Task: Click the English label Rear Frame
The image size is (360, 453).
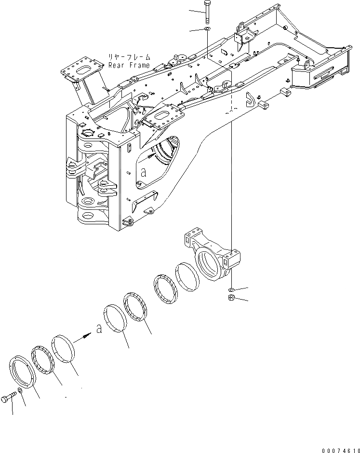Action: (x=129, y=65)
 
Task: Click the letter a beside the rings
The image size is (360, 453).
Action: (x=98, y=329)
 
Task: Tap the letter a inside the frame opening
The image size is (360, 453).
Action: (x=144, y=172)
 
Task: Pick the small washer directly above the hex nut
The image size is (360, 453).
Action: (x=231, y=288)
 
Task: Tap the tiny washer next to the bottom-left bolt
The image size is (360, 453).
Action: (x=19, y=391)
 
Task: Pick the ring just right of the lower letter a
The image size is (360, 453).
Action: (x=115, y=318)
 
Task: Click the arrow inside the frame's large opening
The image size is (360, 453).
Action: (x=153, y=156)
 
